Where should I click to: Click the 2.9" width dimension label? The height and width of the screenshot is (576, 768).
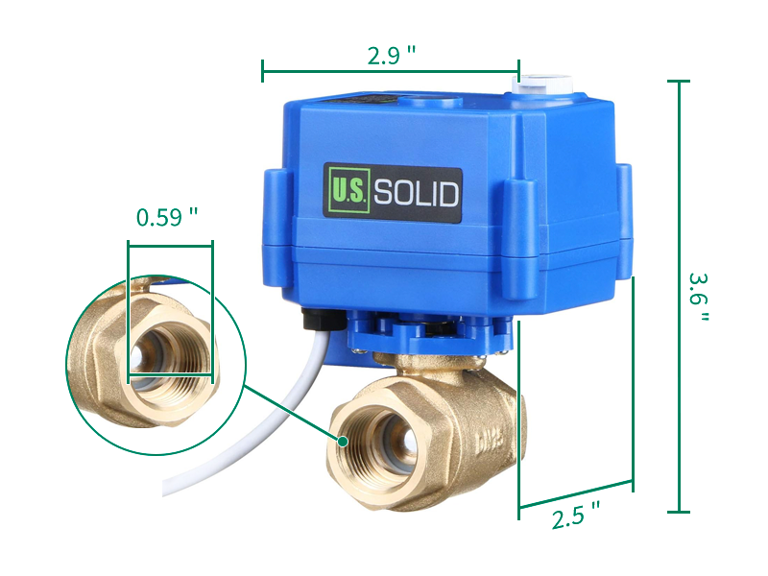click(x=392, y=56)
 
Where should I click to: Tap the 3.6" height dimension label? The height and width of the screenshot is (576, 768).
click(x=699, y=297)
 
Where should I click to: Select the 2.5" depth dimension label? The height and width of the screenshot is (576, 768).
click(x=575, y=516)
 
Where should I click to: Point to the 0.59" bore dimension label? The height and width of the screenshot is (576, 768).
click(x=167, y=217)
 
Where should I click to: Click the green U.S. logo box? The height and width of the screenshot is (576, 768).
click(x=348, y=190)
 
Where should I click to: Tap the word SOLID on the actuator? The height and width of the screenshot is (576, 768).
click(x=417, y=193)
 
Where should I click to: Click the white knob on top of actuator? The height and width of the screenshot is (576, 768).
click(x=542, y=84)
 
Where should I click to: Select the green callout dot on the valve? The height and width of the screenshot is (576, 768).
click(x=343, y=442)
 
